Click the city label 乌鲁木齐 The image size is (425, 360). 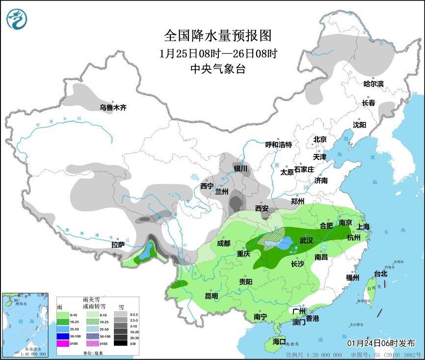click(x=113, y=108)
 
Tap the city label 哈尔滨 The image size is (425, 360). click(x=373, y=84)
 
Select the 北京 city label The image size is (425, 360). click(x=320, y=139)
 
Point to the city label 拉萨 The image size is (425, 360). click(x=118, y=244)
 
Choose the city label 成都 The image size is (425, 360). click(x=223, y=243)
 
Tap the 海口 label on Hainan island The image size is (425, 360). click(x=279, y=341)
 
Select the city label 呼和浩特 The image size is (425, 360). click(x=278, y=144)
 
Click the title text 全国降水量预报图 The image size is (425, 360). click(x=217, y=36)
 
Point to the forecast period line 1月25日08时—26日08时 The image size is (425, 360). click(x=217, y=53)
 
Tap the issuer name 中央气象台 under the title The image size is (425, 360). click(x=217, y=69)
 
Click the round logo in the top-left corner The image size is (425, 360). click(x=17, y=18)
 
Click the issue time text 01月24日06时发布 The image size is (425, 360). click(x=381, y=342)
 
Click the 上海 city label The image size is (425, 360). click(x=363, y=226)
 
